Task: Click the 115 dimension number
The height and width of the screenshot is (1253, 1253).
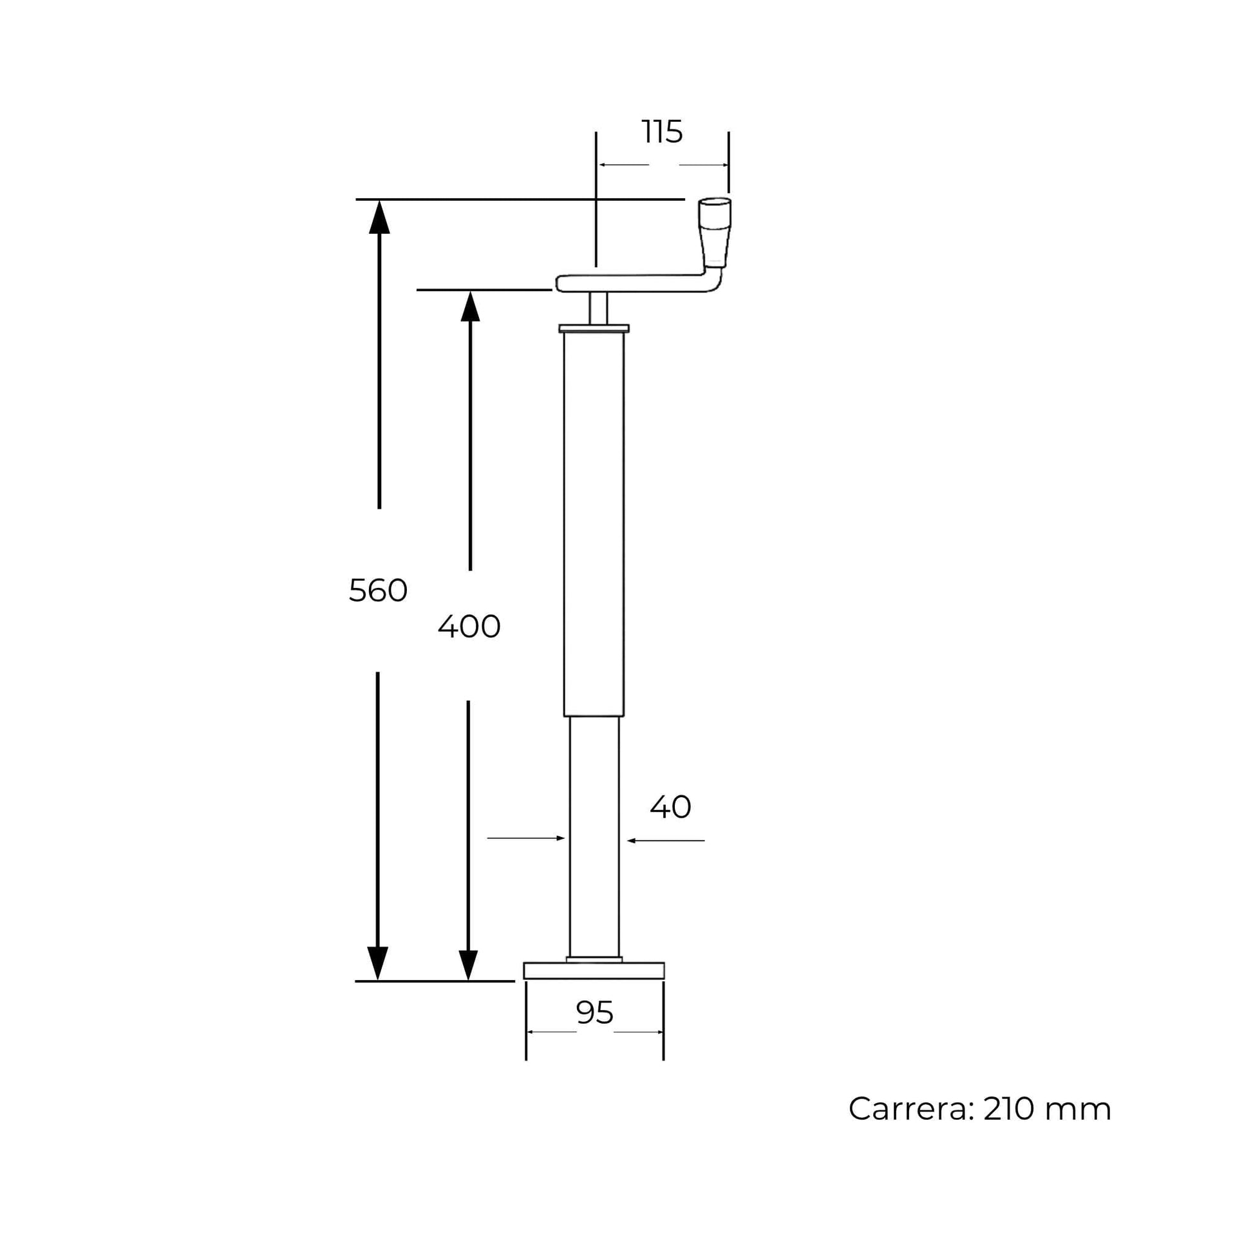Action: point(662,132)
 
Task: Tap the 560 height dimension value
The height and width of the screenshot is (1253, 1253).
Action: point(378,591)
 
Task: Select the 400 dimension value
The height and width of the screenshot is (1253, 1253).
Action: point(469,627)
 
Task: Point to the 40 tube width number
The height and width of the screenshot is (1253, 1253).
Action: point(670,807)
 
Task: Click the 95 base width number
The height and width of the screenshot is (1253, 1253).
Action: point(594,1012)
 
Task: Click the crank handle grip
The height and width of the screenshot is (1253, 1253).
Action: point(714,231)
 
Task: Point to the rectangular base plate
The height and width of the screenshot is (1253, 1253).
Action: point(594,970)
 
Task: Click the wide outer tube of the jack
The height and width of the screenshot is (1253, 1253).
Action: point(594,519)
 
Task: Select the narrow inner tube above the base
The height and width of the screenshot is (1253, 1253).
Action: point(594,836)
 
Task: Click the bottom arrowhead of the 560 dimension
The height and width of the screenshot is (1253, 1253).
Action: point(377,964)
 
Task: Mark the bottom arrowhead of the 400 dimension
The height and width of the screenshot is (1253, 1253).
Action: point(468,965)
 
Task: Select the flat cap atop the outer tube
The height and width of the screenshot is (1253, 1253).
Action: point(594,328)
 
